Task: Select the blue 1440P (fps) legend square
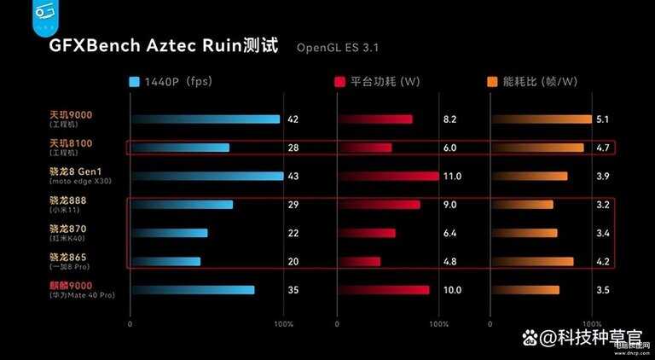coord(134,83)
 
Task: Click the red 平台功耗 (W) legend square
coord(340,83)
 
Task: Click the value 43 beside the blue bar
coord(293,177)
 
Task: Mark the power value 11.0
coord(452,177)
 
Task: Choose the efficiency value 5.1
coord(602,119)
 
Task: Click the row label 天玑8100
coord(70,142)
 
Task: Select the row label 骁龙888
coord(67,200)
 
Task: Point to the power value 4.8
coord(449,261)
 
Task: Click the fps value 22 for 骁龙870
coord(293,233)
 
